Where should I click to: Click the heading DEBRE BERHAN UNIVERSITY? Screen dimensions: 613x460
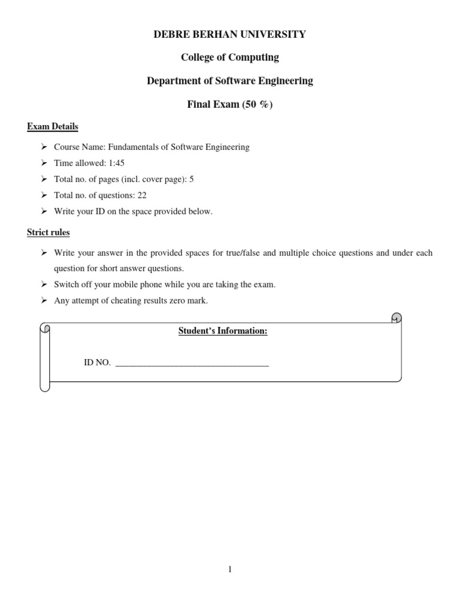(x=230, y=34)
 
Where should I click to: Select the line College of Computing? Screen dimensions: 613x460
(x=230, y=57)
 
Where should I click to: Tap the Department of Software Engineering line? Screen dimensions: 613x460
(x=230, y=81)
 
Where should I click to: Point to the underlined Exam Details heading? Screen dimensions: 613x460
(x=53, y=127)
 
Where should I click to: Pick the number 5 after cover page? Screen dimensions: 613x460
(x=191, y=179)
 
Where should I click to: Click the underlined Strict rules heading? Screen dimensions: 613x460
(x=49, y=232)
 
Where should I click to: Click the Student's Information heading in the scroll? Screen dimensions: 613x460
(x=223, y=331)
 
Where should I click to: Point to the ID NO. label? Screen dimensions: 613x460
(x=97, y=363)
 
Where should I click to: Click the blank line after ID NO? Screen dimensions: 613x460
(x=192, y=364)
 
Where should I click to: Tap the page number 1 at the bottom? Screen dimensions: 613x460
(x=229, y=569)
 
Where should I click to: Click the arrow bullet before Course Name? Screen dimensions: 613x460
(x=44, y=147)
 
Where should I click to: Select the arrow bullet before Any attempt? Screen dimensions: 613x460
(x=44, y=301)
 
